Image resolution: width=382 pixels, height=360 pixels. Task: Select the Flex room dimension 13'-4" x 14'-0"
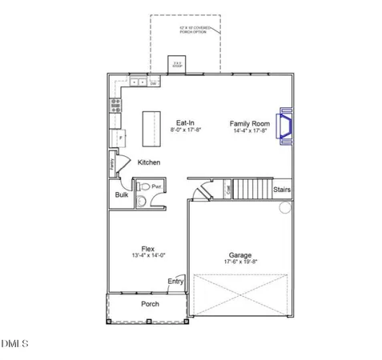coord(148,255)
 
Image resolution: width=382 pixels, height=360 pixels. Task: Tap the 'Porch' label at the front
coord(150,304)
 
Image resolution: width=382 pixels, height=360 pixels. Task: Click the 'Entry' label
coord(175,281)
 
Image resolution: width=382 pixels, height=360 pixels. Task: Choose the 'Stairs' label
coord(282,190)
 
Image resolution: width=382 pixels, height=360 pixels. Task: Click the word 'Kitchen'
coord(148,162)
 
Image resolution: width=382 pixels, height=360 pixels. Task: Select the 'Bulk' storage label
coord(122,194)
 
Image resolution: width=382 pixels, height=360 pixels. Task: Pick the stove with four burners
coord(115,102)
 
